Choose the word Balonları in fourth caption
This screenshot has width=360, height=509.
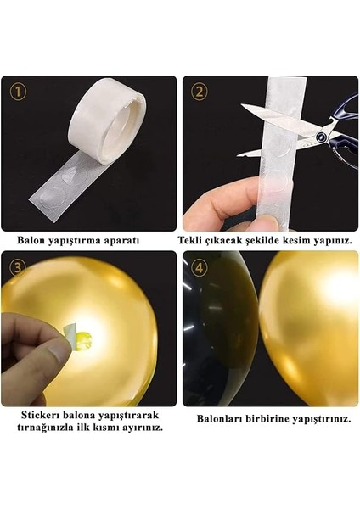tap(222, 418)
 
